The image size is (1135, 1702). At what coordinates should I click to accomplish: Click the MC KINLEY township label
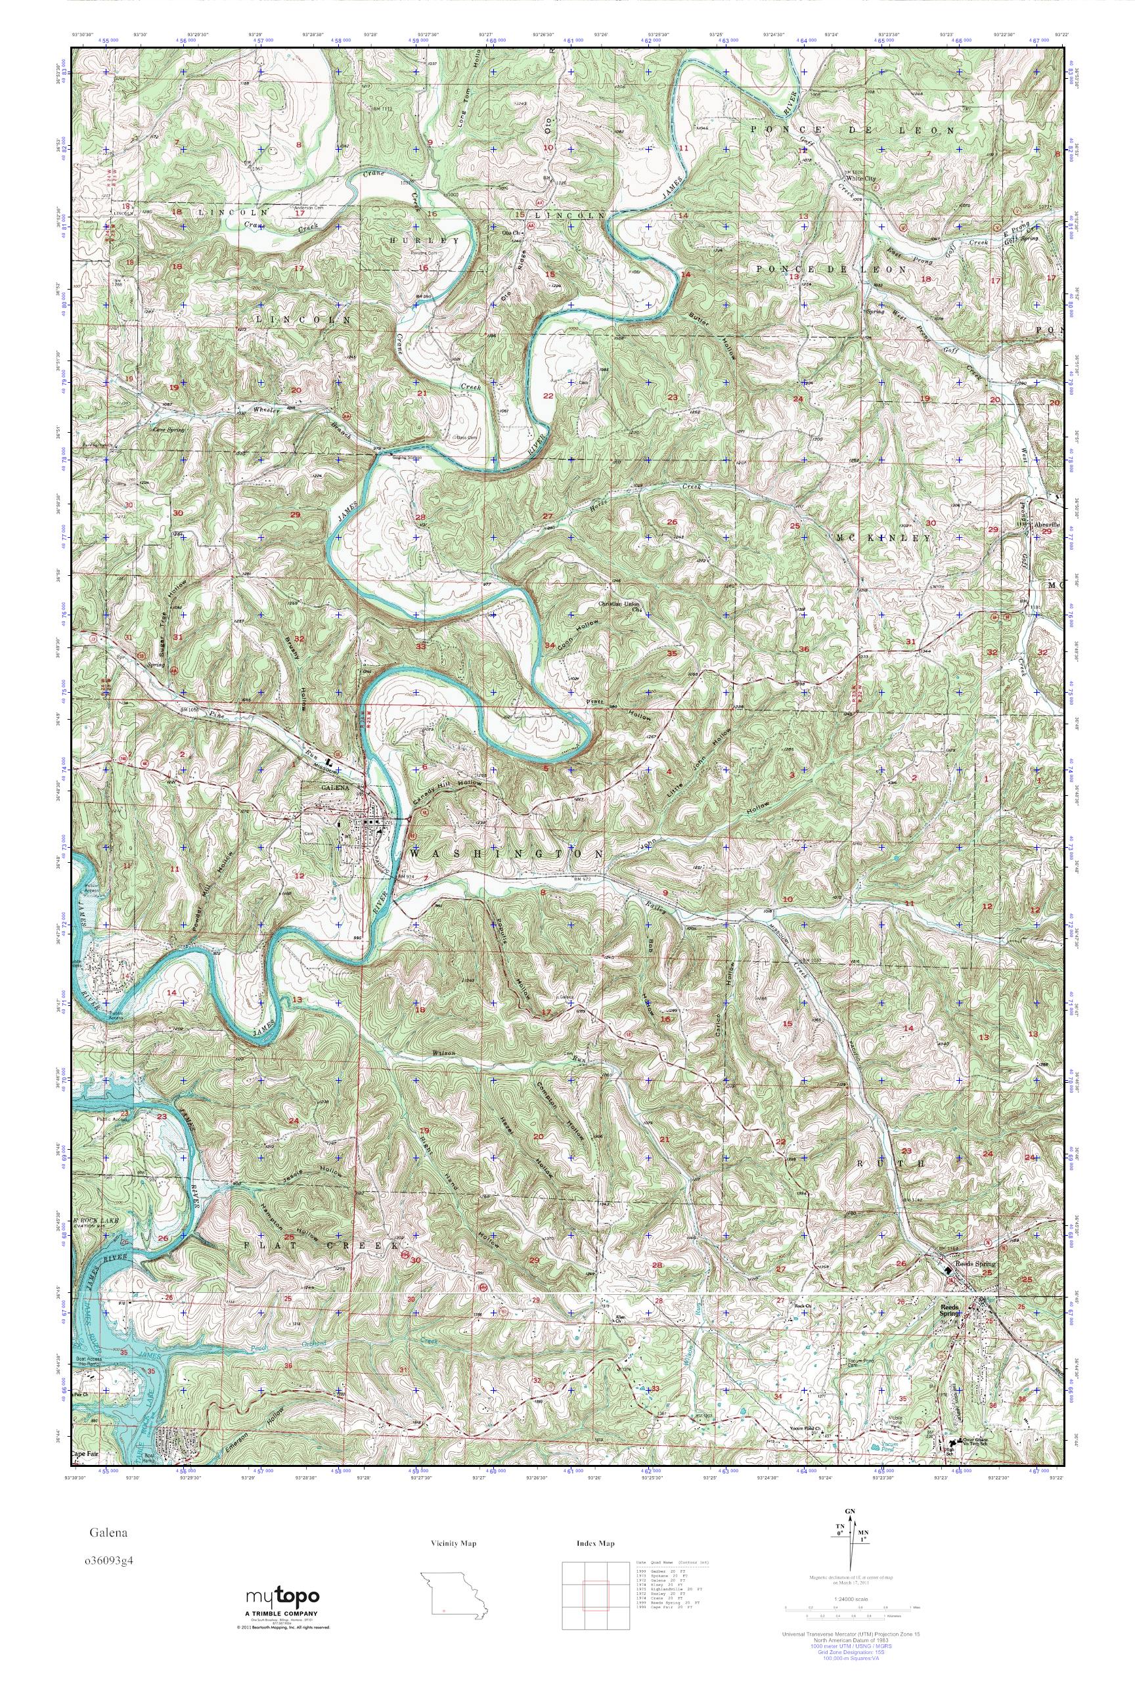(882, 538)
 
